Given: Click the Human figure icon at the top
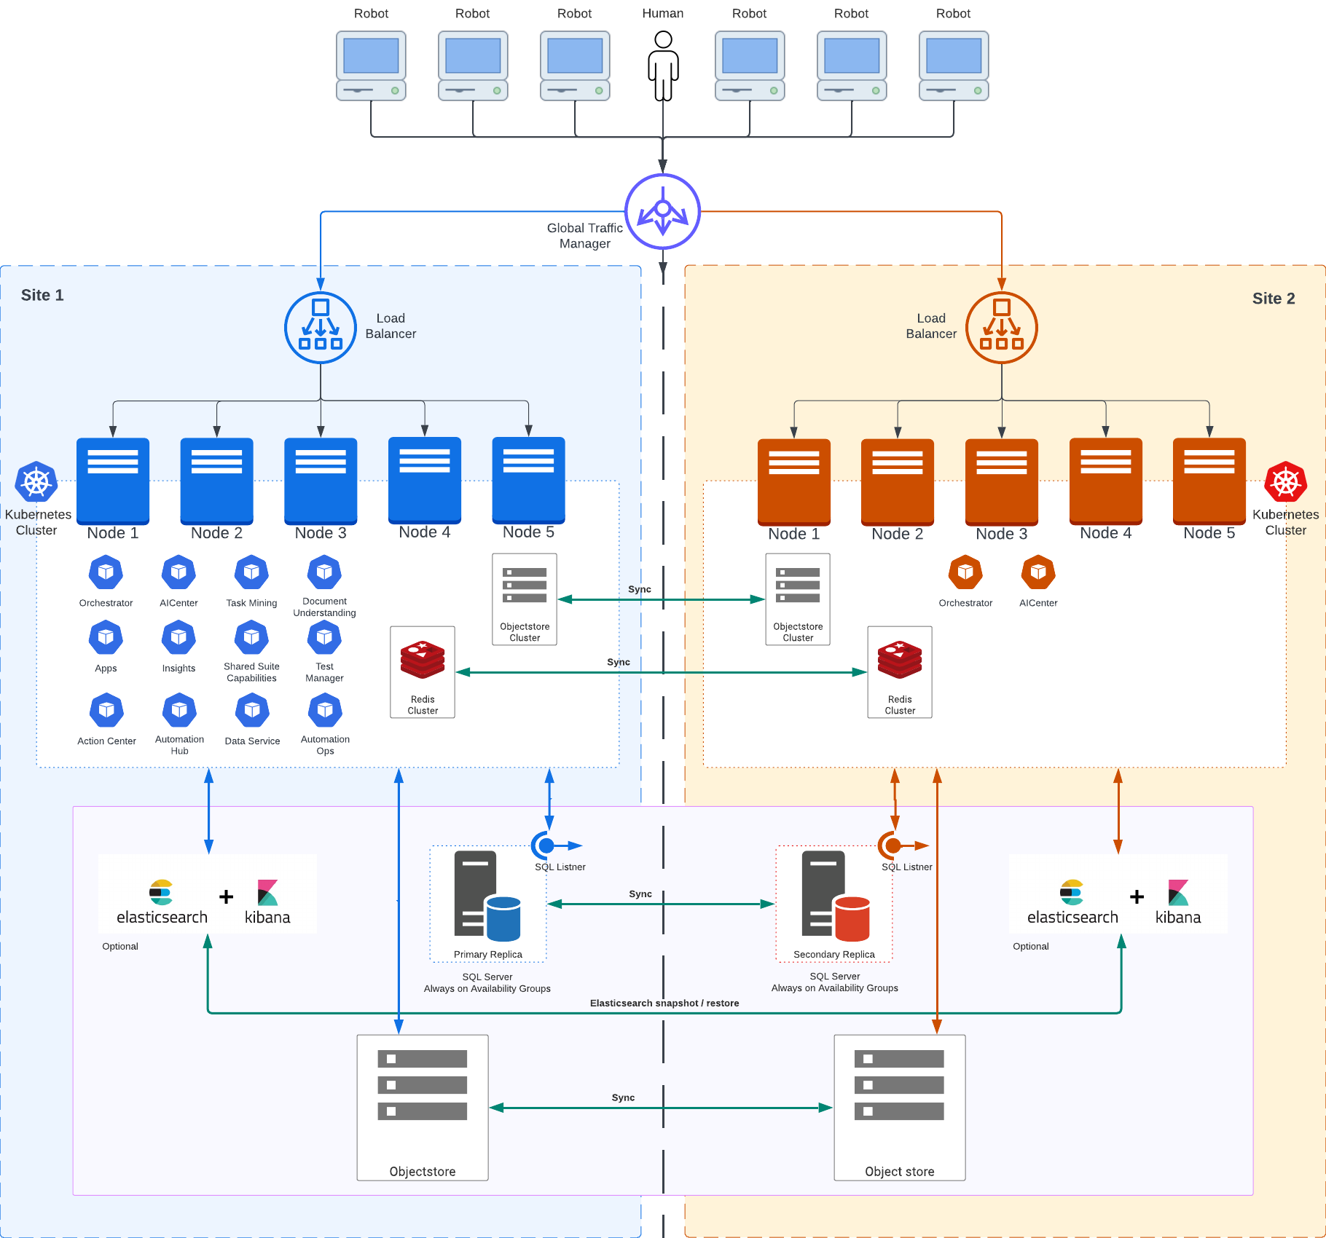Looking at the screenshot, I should click(663, 66).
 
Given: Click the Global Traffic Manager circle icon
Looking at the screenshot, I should click(663, 211).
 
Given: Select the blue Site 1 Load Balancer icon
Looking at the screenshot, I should click(321, 328).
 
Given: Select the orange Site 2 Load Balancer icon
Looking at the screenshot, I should click(1002, 328).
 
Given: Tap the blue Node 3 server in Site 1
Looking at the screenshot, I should click(321, 481).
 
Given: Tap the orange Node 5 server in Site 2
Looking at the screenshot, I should click(1209, 481).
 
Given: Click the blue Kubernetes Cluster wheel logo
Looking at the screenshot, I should click(36, 481).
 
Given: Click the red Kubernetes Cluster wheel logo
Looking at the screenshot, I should click(1286, 481).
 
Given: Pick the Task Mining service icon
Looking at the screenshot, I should click(251, 572).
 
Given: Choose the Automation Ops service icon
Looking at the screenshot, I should click(325, 710).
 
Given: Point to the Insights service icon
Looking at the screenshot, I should click(178, 638).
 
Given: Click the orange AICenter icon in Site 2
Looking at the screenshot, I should click(1038, 572).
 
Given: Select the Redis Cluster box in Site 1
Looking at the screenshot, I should click(423, 671).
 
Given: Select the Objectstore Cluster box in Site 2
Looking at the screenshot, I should click(798, 599).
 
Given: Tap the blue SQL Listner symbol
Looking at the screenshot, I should click(546, 845).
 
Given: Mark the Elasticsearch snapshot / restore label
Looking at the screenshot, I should click(664, 1004).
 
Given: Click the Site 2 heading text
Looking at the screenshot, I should click(1274, 299).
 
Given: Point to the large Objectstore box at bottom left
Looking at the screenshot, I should click(423, 1107).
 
